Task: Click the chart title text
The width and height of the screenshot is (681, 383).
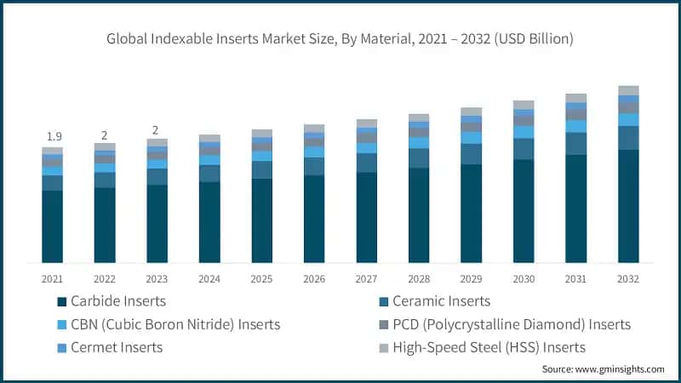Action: (x=340, y=39)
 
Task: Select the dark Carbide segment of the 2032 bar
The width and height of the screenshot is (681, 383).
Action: (x=628, y=206)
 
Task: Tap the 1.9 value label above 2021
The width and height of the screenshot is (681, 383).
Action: (x=52, y=136)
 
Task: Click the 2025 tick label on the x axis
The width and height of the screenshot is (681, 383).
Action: (x=261, y=278)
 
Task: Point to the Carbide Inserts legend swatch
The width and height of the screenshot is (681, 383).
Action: (x=61, y=301)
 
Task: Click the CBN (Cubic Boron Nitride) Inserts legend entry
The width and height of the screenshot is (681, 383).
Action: (x=175, y=324)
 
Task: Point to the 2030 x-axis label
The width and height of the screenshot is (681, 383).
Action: (x=524, y=278)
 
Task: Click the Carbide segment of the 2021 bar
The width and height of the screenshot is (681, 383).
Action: (x=52, y=226)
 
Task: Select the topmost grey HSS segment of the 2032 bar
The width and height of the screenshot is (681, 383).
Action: (x=628, y=90)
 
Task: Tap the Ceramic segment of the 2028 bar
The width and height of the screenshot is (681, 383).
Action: (x=419, y=158)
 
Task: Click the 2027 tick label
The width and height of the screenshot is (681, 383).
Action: (x=366, y=278)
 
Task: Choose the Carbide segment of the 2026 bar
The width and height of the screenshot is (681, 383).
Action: (x=314, y=219)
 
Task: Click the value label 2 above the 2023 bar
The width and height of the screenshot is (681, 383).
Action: (x=157, y=130)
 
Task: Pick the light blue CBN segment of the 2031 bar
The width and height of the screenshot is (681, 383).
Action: (x=576, y=126)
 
